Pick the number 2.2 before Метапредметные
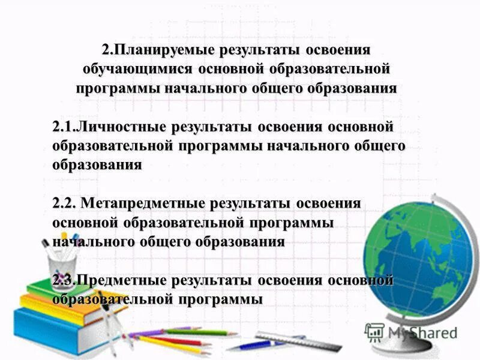click(x=64, y=203)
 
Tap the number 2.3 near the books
click(x=63, y=280)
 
